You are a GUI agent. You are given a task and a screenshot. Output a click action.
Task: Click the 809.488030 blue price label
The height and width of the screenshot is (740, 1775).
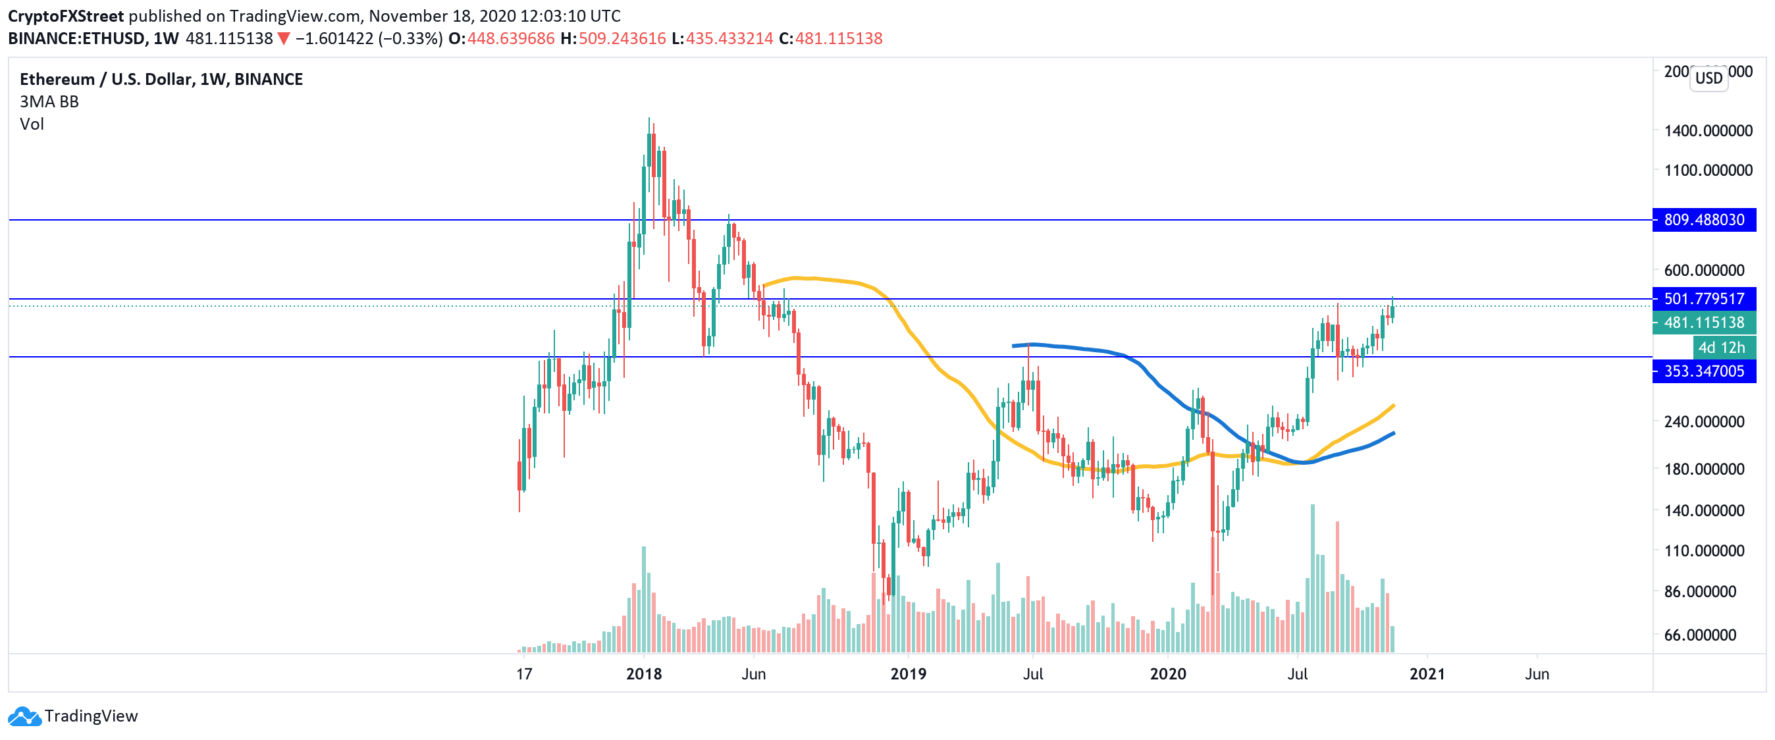[x=1703, y=220]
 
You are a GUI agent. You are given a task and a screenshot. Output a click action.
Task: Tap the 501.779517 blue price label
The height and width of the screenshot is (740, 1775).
[x=1703, y=299]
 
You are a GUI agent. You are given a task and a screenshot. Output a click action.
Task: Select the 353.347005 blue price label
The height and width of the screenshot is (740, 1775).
[x=1703, y=371]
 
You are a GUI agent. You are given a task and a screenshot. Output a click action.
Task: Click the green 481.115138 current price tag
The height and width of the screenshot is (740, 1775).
[x=1703, y=323]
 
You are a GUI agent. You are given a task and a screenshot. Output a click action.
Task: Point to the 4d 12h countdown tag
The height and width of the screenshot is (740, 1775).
[x=1720, y=347]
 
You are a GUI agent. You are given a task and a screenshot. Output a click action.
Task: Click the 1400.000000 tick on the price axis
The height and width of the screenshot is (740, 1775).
[x=1707, y=131]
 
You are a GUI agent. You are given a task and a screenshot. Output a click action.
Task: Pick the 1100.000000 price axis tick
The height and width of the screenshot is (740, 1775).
[x=1707, y=170]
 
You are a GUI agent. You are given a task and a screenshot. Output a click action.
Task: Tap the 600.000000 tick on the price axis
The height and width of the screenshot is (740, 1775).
[x=1703, y=271]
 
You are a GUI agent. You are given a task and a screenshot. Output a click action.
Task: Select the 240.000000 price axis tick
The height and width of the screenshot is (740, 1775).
[x=1703, y=421]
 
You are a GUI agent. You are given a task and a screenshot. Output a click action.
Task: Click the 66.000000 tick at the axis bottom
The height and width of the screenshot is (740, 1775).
[x=1699, y=635]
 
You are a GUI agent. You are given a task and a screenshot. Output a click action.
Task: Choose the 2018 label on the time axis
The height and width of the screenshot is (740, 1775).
[x=644, y=674]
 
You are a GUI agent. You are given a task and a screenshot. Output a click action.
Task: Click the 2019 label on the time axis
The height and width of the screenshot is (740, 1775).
[x=908, y=674]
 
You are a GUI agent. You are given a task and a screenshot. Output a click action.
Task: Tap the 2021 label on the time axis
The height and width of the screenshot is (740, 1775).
[x=1426, y=674]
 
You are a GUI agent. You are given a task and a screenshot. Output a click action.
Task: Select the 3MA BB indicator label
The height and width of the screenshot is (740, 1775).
[x=49, y=102]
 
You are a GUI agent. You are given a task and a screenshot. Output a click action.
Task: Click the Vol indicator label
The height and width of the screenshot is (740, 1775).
[x=32, y=124]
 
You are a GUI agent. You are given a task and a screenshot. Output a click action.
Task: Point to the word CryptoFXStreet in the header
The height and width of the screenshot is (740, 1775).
[x=65, y=16]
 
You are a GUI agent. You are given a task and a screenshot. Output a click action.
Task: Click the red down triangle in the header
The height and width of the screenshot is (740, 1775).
[x=283, y=39]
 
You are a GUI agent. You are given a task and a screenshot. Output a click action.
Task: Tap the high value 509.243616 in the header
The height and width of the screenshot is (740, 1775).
[x=622, y=39]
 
